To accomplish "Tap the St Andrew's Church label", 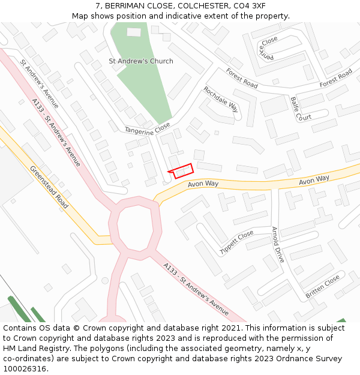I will click(140, 61).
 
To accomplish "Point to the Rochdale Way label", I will click(221, 99).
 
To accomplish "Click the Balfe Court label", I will click(301, 108).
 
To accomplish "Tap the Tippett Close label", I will click(236, 242).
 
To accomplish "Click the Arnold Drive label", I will click(278, 244).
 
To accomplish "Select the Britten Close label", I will click(323, 286).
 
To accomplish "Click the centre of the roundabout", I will click(136, 226).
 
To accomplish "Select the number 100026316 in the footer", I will click(24, 369).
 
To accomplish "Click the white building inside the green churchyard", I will click(134, 32).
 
